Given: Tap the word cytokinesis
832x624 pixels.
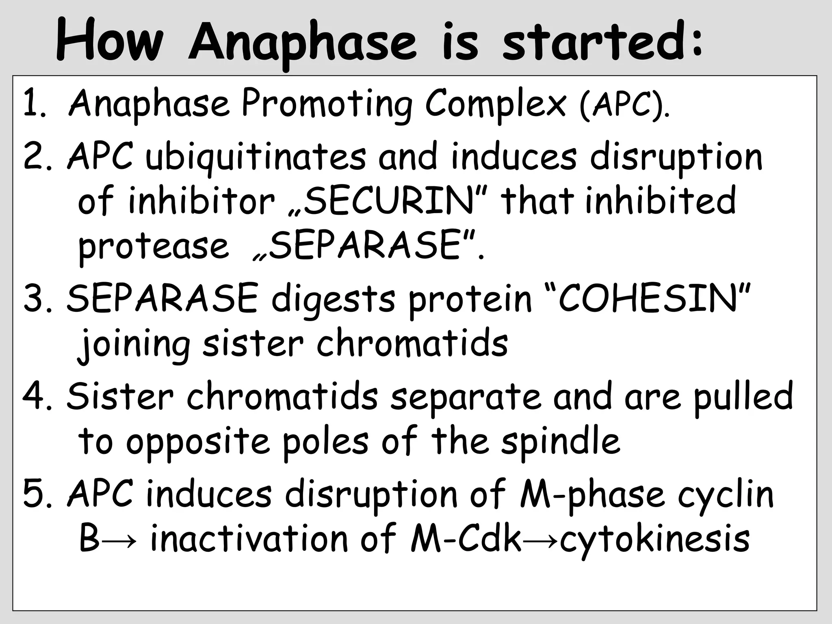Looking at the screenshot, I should pos(654,540).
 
